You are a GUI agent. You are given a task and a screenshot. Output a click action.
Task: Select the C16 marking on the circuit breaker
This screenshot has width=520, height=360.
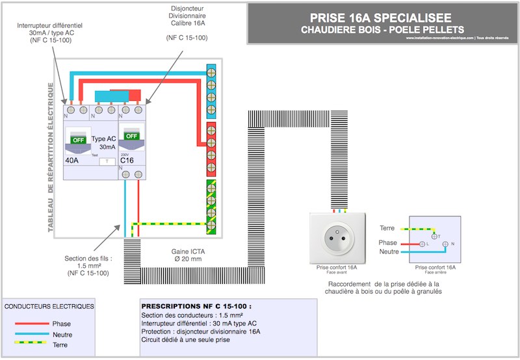pos(127,161)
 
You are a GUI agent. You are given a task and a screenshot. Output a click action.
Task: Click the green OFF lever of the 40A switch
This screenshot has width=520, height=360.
pos(78,140)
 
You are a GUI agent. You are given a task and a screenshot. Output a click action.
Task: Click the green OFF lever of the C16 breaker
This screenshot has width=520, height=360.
pos(132,136)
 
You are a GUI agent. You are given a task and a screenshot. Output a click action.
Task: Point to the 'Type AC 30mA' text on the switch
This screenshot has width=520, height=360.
pos(103,143)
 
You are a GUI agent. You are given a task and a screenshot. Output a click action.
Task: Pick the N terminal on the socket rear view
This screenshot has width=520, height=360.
pos(445,244)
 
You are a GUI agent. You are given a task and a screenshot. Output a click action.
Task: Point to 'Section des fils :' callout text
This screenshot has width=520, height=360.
pos(88,258)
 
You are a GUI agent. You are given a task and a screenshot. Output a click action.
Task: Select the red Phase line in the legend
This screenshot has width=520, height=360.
pos(31,323)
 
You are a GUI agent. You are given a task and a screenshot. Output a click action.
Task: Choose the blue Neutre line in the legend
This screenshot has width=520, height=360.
pos(31,334)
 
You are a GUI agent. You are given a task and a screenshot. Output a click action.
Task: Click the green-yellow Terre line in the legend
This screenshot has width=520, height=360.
pos(31,344)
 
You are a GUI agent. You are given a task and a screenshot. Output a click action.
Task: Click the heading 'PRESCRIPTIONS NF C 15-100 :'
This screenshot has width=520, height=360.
pos(196,305)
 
